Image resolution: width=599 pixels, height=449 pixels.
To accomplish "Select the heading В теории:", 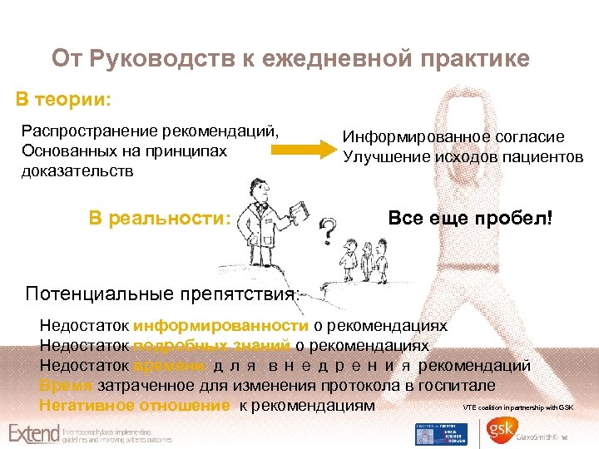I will (x=63, y=100).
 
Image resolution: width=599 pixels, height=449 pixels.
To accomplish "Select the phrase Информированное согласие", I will (x=453, y=137).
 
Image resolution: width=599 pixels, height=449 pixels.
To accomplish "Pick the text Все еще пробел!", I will (x=470, y=219).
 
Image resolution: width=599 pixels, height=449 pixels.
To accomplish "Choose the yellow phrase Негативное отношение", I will (x=134, y=406).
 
